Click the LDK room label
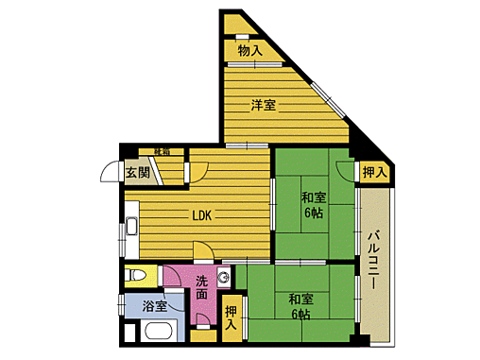pos(201,214)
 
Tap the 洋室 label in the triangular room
pos(264,104)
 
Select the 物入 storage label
pos(249,50)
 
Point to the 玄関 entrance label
pos(137,172)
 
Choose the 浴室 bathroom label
pos(155,305)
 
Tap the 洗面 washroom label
pos(203,287)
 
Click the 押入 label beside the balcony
pos(374,172)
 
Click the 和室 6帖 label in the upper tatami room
pos(314,205)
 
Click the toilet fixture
pos(138,276)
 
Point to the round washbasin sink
pos(223,277)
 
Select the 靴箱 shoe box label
pos(162,151)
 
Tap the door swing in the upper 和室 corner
pos(342,170)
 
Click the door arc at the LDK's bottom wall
pos(202,251)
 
